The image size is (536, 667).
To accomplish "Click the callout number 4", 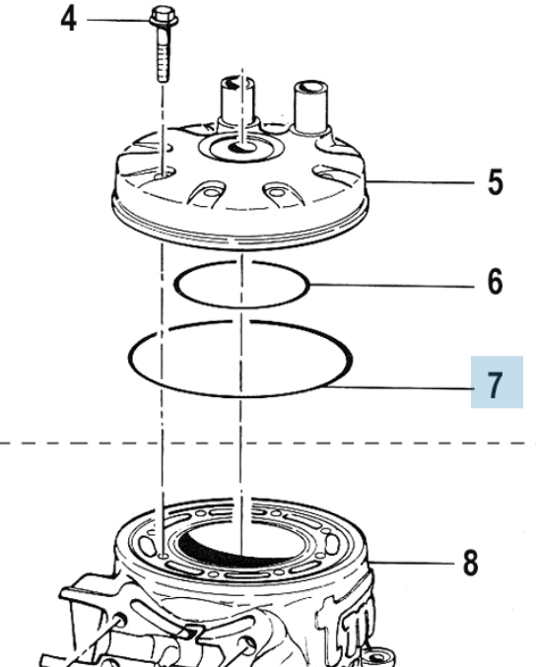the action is pyautogui.click(x=69, y=20).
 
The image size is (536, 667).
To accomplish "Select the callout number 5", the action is pyautogui.click(x=496, y=182).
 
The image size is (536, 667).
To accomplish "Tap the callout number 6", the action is pyautogui.click(x=496, y=281).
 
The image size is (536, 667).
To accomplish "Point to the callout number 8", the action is pyautogui.click(x=471, y=563).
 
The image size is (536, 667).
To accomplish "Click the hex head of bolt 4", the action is pyautogui.click(x=164, y=17).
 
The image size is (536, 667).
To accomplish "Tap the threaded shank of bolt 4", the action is pyautogui.click(x=163, y=54).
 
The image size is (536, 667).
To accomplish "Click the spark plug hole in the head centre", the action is pyautogui.click(x=240, y=147).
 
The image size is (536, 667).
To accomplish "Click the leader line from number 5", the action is pyautogui.click(x=421, y=182).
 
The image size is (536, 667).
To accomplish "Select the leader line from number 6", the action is pyautogui.click(x=392, y=286).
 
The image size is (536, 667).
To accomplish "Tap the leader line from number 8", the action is pyautogui.click(x=411, y=563).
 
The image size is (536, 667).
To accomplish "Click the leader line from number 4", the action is pyautogui.click(x=118, y=20).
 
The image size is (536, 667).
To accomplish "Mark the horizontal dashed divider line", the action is pyautogui.click(x=268, y=443).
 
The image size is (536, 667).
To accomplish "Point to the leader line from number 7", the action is pyautogui.click(x=400, y=387).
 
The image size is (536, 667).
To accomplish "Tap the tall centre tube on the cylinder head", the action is pyautogui.click(x=236, y=101).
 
